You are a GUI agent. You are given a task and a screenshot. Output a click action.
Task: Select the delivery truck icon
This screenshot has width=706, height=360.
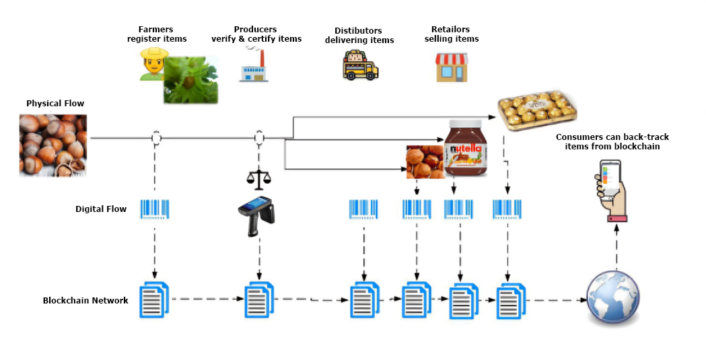(360, 67)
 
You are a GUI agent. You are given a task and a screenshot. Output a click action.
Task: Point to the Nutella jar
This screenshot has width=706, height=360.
(465, 150)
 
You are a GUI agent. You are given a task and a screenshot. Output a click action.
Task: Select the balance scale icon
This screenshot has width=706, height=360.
(259, 178)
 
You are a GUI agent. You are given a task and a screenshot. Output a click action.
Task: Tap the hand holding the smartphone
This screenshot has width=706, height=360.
(611, 191)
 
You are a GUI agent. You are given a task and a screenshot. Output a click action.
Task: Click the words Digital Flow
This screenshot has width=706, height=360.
(101, 209)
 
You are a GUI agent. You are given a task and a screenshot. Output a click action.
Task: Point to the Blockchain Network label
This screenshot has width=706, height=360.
(85, 300)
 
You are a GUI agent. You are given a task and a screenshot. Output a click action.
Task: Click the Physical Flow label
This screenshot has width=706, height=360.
(55, 104)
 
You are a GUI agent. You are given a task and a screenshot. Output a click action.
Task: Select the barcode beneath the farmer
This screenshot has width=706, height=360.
(155, 209)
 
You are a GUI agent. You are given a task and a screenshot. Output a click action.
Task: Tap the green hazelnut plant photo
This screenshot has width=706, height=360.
(191, 80)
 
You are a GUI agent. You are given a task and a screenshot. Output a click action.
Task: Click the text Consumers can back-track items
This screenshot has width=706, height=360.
(612, 141)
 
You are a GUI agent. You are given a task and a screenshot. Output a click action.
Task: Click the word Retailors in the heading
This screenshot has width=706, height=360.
(451, 30)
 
